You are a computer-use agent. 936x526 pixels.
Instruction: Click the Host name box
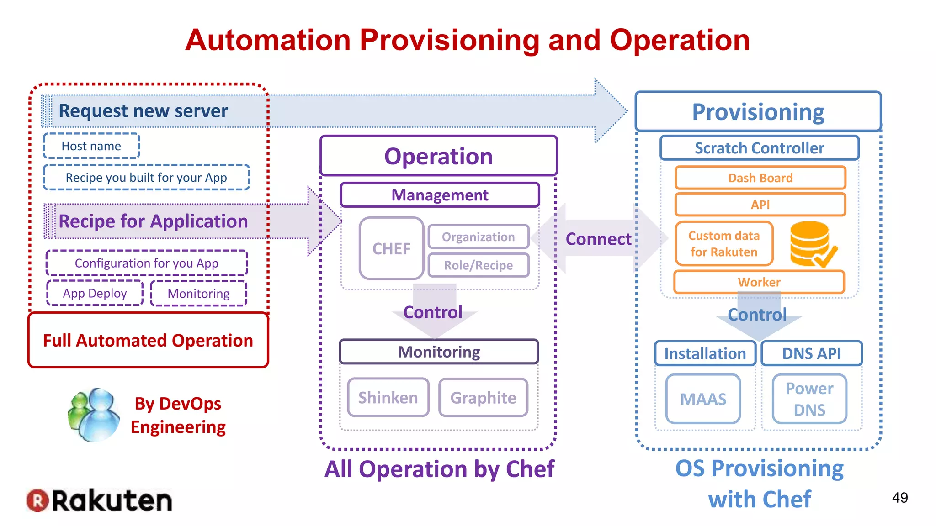point(91,146)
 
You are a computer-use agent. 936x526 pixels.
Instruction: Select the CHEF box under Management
point(391,248)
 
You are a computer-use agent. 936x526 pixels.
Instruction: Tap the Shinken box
point(388,397)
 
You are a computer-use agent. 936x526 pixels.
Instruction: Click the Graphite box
point(483,397)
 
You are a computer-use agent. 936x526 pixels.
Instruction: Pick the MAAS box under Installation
point(703,399)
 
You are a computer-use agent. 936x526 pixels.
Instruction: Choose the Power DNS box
point(809,399)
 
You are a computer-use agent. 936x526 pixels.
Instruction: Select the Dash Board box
point(760,178)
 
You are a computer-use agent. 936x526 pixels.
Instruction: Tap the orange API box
point(760,205)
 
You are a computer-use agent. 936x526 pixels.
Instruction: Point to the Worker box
point(759,282)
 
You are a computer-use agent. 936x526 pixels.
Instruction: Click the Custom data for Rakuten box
point(724,244)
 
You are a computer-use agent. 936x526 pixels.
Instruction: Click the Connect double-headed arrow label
point(598,239)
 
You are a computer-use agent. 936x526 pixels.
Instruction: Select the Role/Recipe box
point(478,265)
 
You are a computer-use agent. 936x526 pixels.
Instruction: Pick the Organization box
point(478,237)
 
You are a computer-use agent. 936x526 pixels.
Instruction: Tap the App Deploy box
point(95,293)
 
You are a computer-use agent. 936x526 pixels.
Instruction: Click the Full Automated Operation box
point(148,340)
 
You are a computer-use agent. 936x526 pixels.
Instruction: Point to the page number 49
point(899,498)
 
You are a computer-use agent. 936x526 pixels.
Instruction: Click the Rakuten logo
point(99,501)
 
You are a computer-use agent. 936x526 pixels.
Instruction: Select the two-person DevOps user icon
point(94,415)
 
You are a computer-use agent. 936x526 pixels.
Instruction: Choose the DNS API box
point(811,353)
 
